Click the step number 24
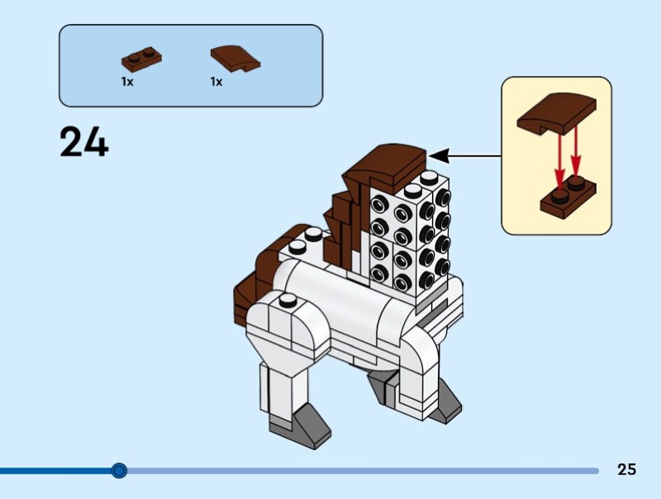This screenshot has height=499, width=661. tap(84, 142)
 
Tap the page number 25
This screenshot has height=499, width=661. tap(626, 469)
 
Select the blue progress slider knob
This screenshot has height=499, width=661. tap(119, 471)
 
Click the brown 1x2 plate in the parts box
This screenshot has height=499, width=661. tap(141, 58)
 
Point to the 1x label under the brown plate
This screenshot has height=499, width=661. tap(127, 82)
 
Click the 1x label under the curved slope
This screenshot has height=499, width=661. tap(216, 82)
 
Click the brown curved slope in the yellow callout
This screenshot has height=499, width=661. tap(557, 112)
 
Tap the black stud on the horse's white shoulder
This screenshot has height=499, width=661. tap(287, 301)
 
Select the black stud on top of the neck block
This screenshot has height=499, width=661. tap(429, 177)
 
